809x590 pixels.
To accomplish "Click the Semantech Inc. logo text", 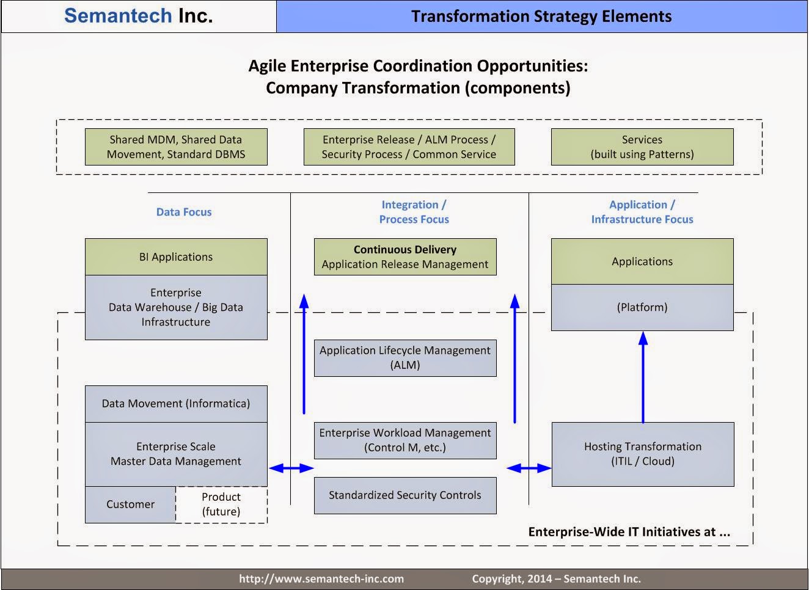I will coord(139,16).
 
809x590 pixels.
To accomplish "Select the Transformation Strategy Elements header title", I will coord(541,16).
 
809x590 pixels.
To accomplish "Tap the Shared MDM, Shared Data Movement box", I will coord(176,147).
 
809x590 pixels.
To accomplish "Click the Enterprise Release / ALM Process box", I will coord(409,147).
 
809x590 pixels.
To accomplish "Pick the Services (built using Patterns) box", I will coord(642,147).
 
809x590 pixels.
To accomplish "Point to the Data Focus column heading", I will coord(183,212).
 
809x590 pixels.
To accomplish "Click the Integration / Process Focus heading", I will coord(414,212).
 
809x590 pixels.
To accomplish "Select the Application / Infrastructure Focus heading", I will coord(642,212).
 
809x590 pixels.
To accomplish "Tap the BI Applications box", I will coord(176,257).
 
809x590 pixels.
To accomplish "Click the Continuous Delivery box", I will coord(405,257).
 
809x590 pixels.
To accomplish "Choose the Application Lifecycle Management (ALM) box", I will coord(405,357).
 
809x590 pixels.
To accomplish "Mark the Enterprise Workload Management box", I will coord(405,440).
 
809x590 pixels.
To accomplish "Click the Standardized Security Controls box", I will coord(405,495).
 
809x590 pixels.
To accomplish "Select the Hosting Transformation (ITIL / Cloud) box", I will coord(642,454).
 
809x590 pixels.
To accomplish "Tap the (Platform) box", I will coord(642,307).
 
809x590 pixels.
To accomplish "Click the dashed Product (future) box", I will coord(221,504).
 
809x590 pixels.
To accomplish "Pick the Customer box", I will coord(130,504).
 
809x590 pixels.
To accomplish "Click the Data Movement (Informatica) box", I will coord(176,403).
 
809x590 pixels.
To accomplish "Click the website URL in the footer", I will coord(321,579).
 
